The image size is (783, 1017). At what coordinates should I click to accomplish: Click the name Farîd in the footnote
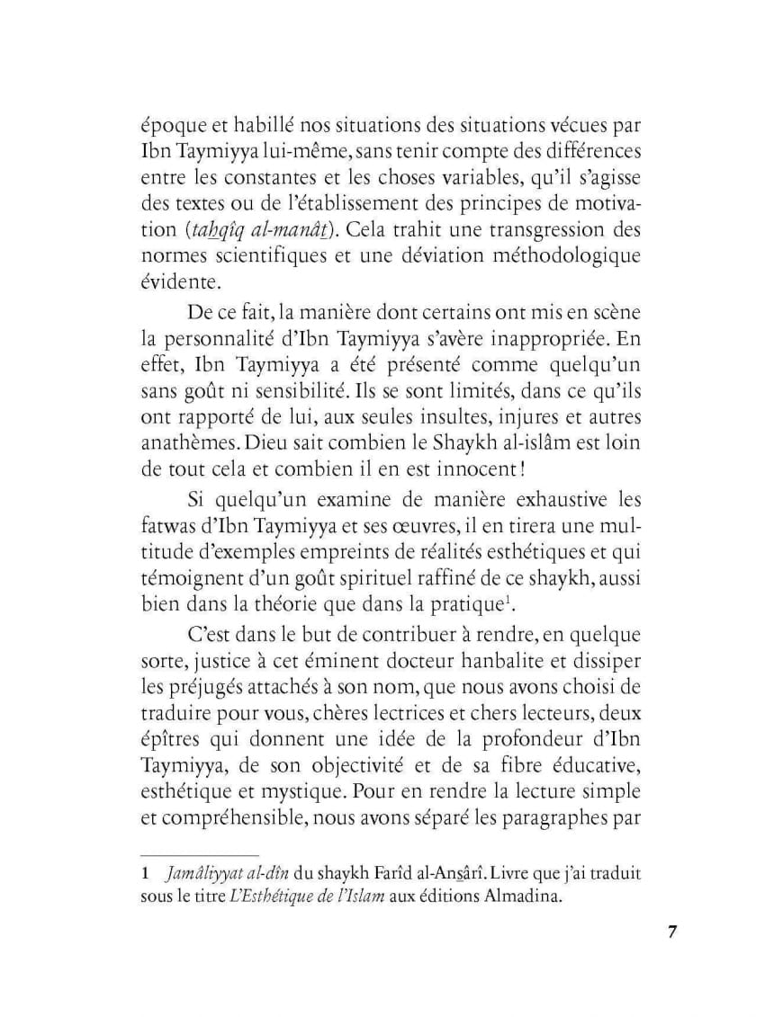408,872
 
